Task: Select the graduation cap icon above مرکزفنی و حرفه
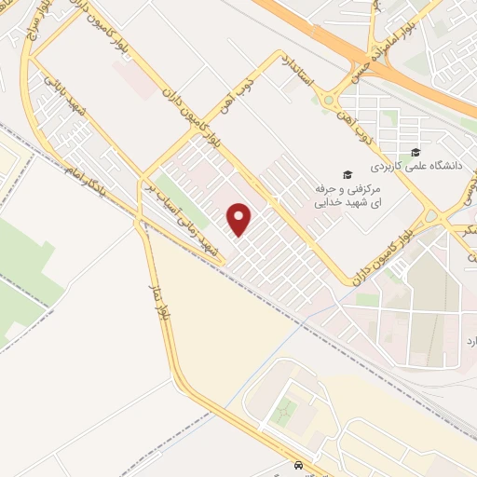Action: point(347,174)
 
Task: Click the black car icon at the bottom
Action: point(297,465)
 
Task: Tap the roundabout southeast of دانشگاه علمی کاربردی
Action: point(430,219)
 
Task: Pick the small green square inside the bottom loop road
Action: point(286,409)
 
